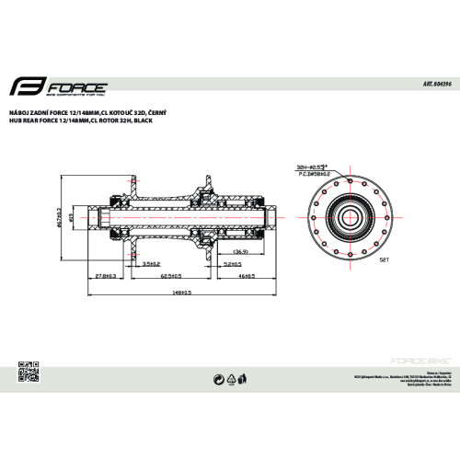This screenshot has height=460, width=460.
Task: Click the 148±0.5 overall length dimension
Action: tap(180, 293)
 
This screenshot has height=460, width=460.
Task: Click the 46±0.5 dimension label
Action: tap(244, 274)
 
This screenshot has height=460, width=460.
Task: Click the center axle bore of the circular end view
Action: tap(353, 217)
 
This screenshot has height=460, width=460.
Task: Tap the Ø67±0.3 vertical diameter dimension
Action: tap(58, 218)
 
